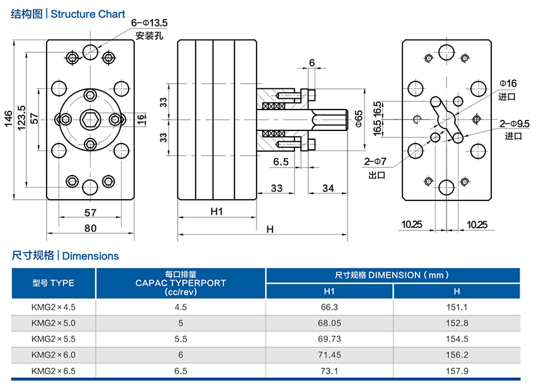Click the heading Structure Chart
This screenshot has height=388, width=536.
[x=88, y=14]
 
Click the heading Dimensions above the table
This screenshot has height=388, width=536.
[x=91, y=256]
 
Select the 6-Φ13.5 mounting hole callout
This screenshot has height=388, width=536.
[x=149, y=23]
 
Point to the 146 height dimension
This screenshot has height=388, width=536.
[x=9, y=119]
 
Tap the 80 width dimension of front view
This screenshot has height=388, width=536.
[x=91, y=228]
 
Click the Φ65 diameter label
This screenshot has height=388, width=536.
[x=358, y=119]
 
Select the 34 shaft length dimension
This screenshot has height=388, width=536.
[x=328, y=188]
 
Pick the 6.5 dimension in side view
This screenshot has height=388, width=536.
[x=281, y=162]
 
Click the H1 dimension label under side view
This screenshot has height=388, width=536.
[x=216, y=212]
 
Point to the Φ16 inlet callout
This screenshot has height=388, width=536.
[x=508, y=83]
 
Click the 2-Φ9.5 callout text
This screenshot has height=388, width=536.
[x=514, y=123]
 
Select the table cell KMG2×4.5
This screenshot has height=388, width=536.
[x=54, y=307]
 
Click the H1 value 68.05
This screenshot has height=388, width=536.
[x=329, y=323]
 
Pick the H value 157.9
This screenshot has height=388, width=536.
[x=457, y=370]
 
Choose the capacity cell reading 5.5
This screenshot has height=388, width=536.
[x=180, y=339]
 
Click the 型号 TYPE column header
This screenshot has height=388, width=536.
[x=54, y=283]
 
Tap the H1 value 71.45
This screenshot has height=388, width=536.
[x=329, y=355]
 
